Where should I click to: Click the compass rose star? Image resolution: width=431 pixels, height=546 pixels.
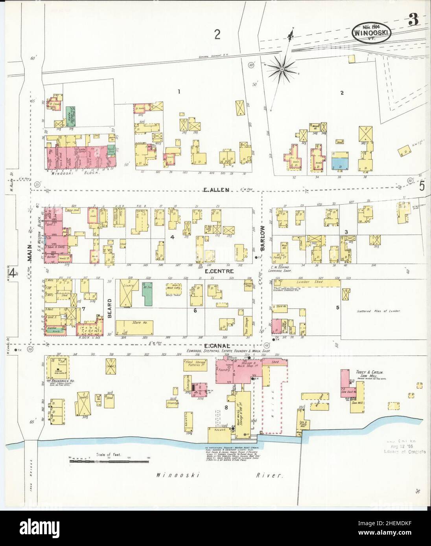(282, 69)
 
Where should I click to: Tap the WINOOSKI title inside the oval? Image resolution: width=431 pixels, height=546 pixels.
(371, 33)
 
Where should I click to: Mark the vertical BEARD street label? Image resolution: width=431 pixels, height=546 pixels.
(110, 306)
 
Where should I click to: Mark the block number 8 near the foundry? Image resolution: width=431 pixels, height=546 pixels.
(226, 407)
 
